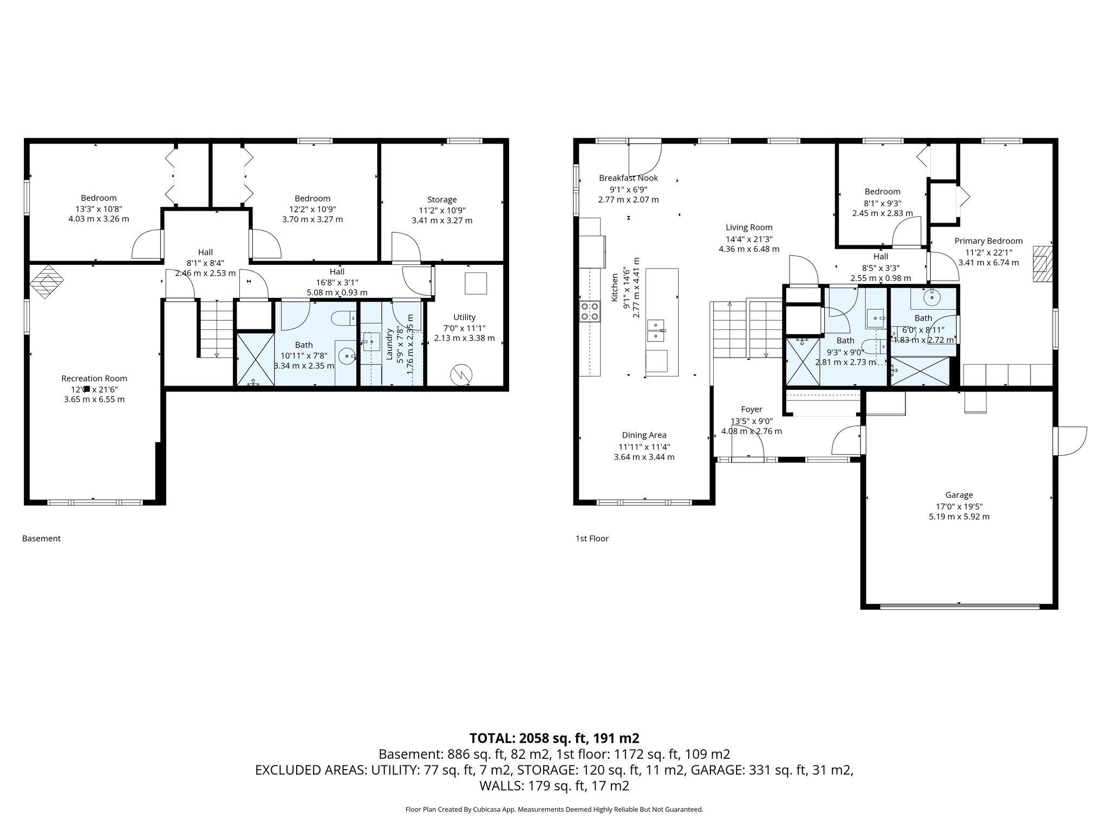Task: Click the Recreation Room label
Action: click(x=94, y=379)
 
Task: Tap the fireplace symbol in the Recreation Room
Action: click(x=47, y=281)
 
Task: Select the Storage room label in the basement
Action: click(x=442, y=200)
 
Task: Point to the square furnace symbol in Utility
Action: click(x=475, y=283)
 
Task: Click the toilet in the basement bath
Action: click(x=343, y=318)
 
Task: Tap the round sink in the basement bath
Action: click(x=346, y=356)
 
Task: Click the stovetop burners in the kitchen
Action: click(x=590, y=311)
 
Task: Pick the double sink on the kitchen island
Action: click(x=655, y=330)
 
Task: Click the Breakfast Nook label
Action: click(x=628, y=178)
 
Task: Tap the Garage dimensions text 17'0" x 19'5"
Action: click(x=959, y=506)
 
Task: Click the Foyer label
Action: click(x=751, y=409)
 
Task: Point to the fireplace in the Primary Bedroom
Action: click(x=1042, y=264)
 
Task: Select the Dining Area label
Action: click(x=644, y=435)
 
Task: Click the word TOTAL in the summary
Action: click(x=492, y=738)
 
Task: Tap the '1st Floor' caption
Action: click(x=592, y=538)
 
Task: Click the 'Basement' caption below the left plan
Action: click(x=41, y=538)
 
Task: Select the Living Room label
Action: click(x=749, y=227)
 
